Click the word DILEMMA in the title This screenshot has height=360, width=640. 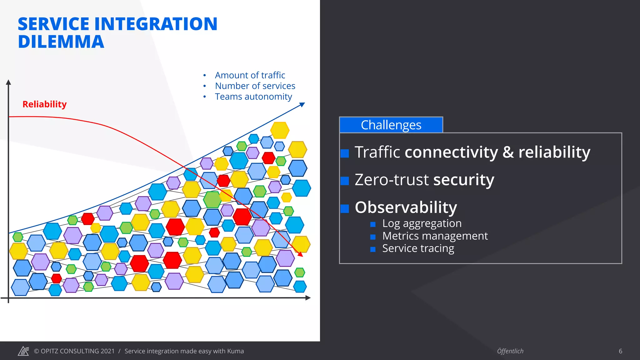point(61,42)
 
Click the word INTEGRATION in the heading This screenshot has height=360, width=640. point(156,24)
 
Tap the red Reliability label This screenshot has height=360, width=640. point(44,104)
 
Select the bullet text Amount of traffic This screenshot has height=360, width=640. point(250,75)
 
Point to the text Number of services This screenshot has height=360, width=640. point(255,86)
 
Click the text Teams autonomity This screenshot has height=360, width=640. point(253,97)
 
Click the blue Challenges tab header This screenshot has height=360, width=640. point(391,125)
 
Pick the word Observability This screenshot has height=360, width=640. point(406,207)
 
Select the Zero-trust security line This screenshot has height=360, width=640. point(424,180)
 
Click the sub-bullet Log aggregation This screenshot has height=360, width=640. point(422,223)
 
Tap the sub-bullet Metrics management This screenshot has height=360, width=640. point(435,236)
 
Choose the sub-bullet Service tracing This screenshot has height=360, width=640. point(418,248)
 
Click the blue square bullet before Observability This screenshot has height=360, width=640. point(345,209)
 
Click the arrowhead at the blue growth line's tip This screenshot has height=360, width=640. point(302,105)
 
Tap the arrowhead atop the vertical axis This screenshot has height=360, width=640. point(8,82)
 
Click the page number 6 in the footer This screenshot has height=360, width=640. point(620,351)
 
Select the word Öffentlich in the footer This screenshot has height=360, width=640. point(510,351)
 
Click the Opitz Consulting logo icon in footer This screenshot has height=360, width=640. point(23,351)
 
